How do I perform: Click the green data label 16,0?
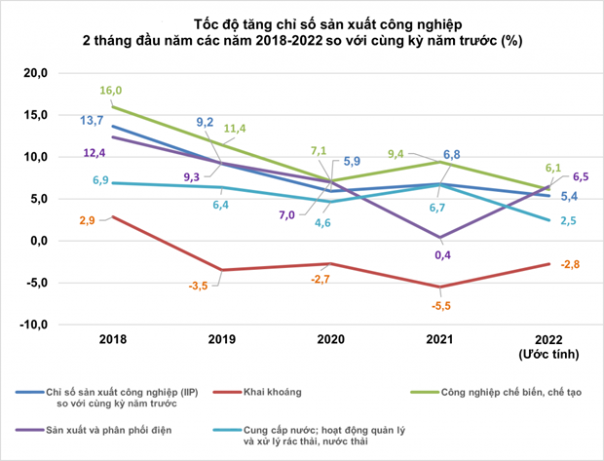tap(110, 91)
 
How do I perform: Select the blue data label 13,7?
tap(92, 121)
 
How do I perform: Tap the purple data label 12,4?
tap(94, 153)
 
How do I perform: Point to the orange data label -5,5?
tap(441, 306)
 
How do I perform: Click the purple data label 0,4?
tap(442, 254)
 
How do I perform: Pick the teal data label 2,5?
tap(568, 221)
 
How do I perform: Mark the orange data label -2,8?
tap(570, 264)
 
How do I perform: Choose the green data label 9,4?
tap(396, 154)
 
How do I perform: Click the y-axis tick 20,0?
tap(35, 73)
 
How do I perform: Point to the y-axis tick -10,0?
tap(33, 325)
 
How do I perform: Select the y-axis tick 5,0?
tap(39, 199)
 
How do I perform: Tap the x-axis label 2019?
tap(221, 339)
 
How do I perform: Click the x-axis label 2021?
tap(439, 339)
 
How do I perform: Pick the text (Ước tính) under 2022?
tap(548, 354)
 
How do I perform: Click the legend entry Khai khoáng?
tap(273, 393)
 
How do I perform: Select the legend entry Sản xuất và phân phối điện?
tap(109, 430)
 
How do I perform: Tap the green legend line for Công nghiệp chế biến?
tap(425, 393)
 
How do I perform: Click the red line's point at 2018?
tap(112, 216)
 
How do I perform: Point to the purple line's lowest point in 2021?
tap(440, 238)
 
